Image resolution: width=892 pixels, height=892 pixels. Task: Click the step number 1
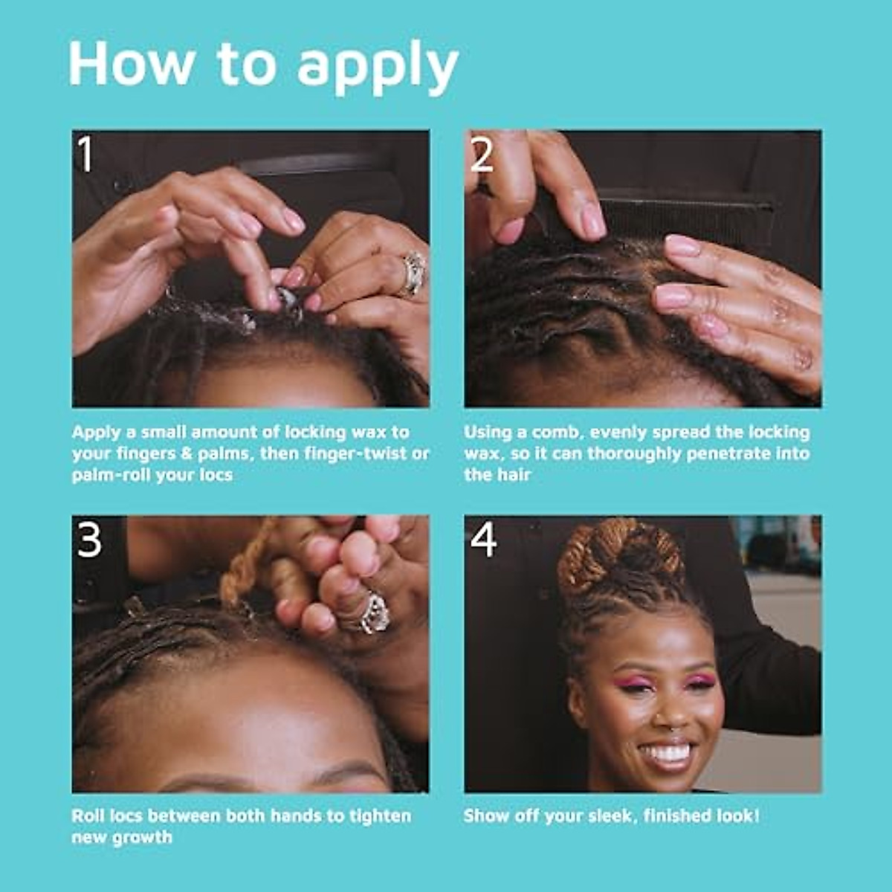86,155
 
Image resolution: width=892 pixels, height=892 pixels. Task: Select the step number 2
482,155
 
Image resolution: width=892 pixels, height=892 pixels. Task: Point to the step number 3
89,540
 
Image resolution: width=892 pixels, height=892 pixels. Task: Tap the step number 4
483,540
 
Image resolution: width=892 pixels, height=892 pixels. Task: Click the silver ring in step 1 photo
413,273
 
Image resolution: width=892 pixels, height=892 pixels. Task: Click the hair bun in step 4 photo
621,557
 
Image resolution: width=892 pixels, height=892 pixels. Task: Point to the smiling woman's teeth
668,752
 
